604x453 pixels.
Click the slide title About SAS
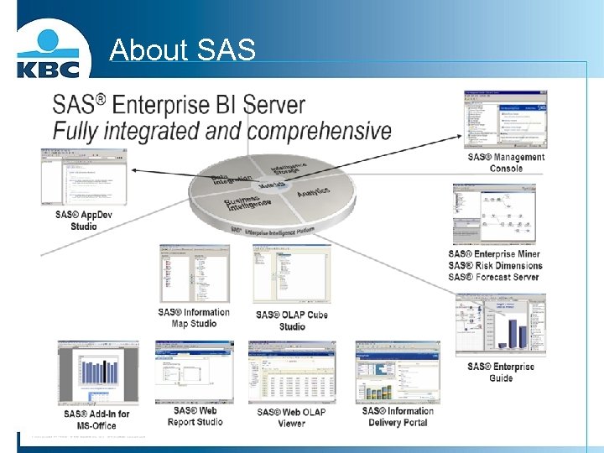tap(182, 50)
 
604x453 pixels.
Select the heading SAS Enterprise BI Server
tap(179, 106)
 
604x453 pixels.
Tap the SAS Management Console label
tap(506, 163)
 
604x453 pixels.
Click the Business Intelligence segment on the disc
tap(247, 204)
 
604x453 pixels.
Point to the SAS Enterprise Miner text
tap(494, 254)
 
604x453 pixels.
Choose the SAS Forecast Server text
tap(493, 278)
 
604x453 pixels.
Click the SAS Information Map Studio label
tap(194, 318)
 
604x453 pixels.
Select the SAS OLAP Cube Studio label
tap(292, 320)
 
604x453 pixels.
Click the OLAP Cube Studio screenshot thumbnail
tap(291, 274)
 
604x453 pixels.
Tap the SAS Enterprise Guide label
tap(501, 372)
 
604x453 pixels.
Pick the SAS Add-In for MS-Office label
tap(96, 419)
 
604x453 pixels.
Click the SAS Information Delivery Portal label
tap(398, 416)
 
